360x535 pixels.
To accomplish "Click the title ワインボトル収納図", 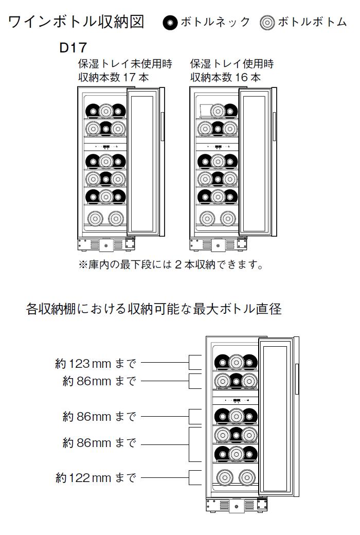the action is (x=76, y=22).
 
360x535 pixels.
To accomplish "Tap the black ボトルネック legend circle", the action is (x=170, y=23).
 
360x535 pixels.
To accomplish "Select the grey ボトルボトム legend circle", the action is (x=267, y=23).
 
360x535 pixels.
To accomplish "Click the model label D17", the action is (x=73, y=47).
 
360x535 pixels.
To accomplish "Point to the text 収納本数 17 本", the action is (x=113, y=78).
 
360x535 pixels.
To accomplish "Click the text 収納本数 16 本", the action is (x=225, y=78).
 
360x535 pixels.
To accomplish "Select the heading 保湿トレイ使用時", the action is (x=232, y=64).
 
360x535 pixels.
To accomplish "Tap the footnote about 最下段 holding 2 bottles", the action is (x=171, y=264).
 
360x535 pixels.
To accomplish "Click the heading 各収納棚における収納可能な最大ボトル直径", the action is (x=154, y=309).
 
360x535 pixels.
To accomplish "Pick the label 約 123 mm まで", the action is (x=96, y=364).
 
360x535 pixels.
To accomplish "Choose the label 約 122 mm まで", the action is (x=96, y=478).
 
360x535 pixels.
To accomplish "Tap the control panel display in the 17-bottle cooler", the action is (x=106, y=147).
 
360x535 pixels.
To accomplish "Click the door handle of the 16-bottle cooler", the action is (x=274, y=126).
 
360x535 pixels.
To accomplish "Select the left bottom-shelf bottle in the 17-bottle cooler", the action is (x=95, y=218).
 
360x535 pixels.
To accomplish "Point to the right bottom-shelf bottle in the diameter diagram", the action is (x=247, y=477).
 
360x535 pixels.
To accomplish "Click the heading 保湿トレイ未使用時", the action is (x=125, y=64).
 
